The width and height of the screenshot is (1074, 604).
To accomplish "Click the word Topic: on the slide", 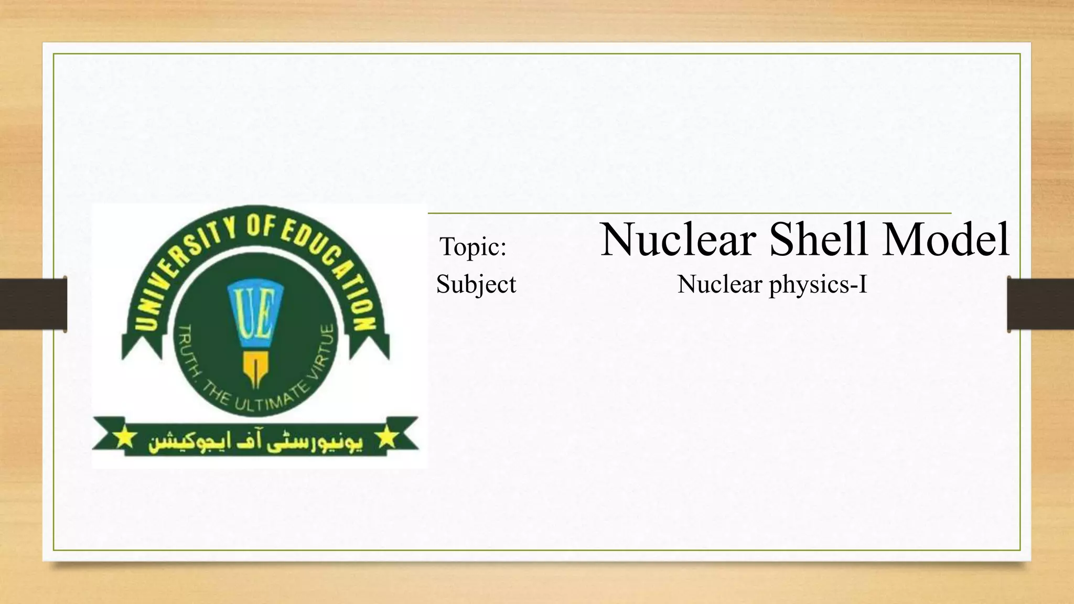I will [473, 246].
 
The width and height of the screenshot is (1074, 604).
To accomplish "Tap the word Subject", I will [476, 285].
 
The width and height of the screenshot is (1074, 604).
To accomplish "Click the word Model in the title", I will [946, 239].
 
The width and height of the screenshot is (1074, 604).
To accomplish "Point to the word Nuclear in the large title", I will [678, 239].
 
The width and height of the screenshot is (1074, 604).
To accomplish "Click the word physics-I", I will [818, 285].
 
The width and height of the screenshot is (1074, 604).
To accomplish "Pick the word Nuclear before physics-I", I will [719, 285].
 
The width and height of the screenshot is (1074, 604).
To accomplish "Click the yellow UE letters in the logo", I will [255, 314].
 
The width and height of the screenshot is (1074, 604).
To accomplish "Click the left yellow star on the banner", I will [125, 437].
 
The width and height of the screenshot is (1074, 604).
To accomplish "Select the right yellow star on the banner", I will [387, 437].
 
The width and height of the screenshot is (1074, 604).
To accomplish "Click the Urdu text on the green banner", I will [255, 443].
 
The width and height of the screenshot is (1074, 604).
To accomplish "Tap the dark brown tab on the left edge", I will [33, 304].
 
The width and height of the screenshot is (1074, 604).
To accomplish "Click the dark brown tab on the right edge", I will [1040, 304].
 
